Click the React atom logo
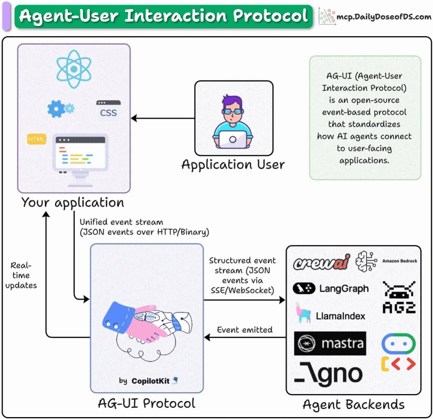tap(74, 69)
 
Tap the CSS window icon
tap(108, 110)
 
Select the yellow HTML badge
tap(37, 139)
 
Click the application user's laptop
tap(233, 140)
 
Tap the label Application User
tap(233, 165)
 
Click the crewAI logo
tap(322, 262)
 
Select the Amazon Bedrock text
tap(399, 261)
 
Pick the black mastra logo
tap(330, 344)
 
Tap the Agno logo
tap(328, 374)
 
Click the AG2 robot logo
tap(399, 297)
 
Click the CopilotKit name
tap(151, 381)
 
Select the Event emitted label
tap(244, 330)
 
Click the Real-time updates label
tap(21, 275)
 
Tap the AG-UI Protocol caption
tap(146, 403)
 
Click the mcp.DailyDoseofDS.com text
tap(384, 17)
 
